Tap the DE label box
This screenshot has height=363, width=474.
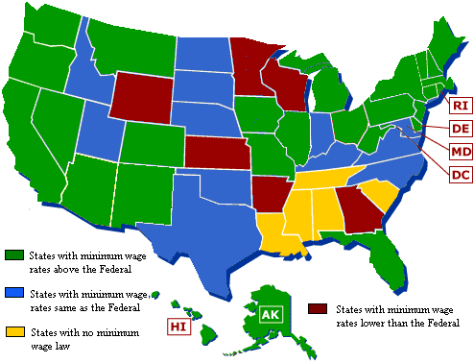460,128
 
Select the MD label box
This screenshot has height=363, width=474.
460,151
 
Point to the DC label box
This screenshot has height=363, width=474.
460,174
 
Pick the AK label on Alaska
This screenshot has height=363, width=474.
272,314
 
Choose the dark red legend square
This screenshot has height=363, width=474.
316,309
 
